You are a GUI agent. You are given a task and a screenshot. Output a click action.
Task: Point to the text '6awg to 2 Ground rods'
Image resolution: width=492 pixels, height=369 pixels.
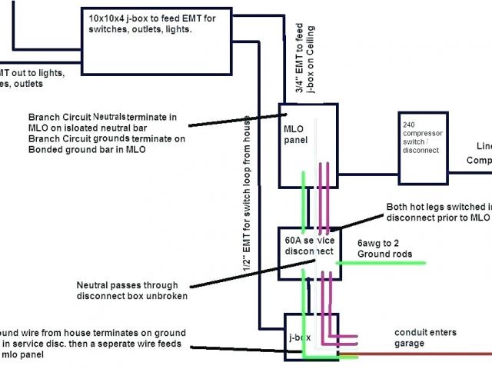(385, 248)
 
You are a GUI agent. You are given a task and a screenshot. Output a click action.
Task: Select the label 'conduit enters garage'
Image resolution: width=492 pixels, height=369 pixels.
(425, 337)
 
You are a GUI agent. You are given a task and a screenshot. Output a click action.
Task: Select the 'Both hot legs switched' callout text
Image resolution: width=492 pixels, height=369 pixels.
(438, 212)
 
